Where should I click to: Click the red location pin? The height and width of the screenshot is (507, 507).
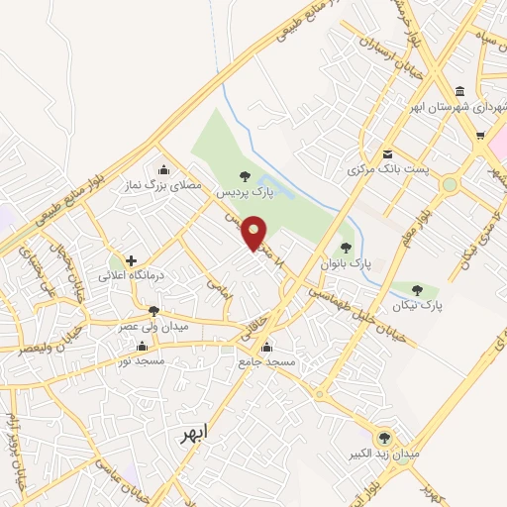point(254,233)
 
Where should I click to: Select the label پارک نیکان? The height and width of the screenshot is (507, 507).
point(417,307)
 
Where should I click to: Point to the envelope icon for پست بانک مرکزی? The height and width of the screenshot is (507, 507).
point(387,152)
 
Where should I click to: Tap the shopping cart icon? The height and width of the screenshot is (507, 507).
point(481,137)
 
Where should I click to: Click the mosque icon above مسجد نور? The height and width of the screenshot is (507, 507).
point(143,347)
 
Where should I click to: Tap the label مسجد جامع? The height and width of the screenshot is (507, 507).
point(267,363)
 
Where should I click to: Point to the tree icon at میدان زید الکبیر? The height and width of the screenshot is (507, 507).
point(384,438)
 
